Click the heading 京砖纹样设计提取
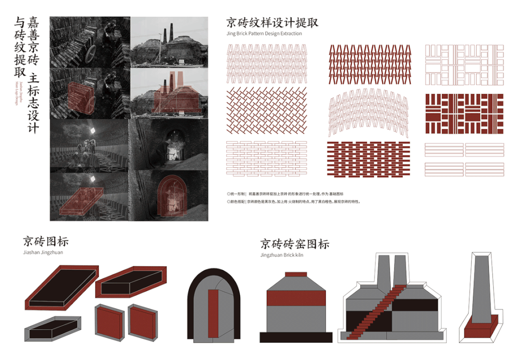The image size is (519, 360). pos(272,23)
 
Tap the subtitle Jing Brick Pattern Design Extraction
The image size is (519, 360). pos(264,34)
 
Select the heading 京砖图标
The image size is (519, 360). pos(46,241)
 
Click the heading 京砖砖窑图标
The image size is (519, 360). pos(295,244)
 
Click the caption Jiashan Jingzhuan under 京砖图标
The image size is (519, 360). pos(43,252)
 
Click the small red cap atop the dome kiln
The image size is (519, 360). pos(296,274)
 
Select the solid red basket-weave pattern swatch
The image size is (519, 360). pos(464,113)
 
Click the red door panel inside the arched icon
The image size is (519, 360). pos(214,313)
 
